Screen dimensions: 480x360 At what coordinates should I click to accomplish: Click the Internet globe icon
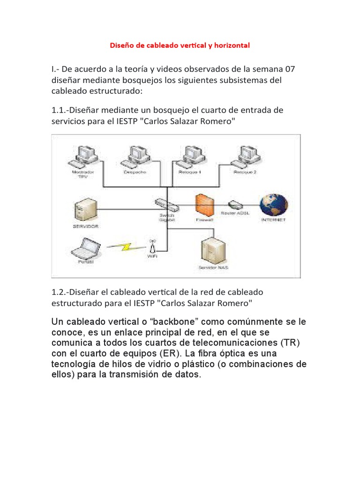click(274, 204)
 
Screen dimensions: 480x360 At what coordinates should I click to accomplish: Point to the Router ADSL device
click(234, 204)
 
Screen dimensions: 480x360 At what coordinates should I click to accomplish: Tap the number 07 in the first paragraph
click(300, 69)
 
